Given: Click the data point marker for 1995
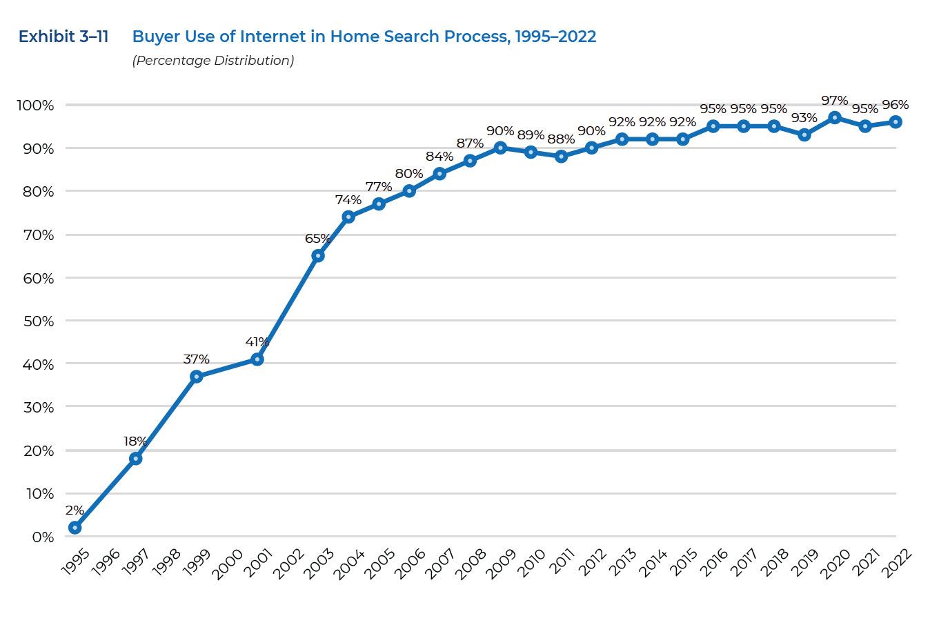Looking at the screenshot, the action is click(75, 528).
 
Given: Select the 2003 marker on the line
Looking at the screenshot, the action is click(318, 256).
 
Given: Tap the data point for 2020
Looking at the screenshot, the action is click(835, 117).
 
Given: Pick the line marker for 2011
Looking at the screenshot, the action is click(562, 157).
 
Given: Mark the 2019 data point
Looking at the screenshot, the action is click(804, 135).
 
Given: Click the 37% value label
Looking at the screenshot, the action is click(197, 359).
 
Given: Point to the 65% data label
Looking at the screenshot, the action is click(318, 238).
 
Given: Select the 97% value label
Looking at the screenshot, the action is click(835, 101).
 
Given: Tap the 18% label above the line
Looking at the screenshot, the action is click(135, 441).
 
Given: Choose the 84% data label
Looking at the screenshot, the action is click(439, 156).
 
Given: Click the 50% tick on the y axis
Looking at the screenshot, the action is click(39, 321).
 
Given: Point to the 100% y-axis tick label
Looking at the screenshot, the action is click(35, 106).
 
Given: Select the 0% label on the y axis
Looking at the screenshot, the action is click(43, 537).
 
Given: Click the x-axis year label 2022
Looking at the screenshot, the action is click(896, 564).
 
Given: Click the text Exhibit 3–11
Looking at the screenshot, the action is click(63, 37).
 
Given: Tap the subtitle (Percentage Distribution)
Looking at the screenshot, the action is click(213, 61).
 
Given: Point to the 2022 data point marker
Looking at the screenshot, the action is click(896, 122).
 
